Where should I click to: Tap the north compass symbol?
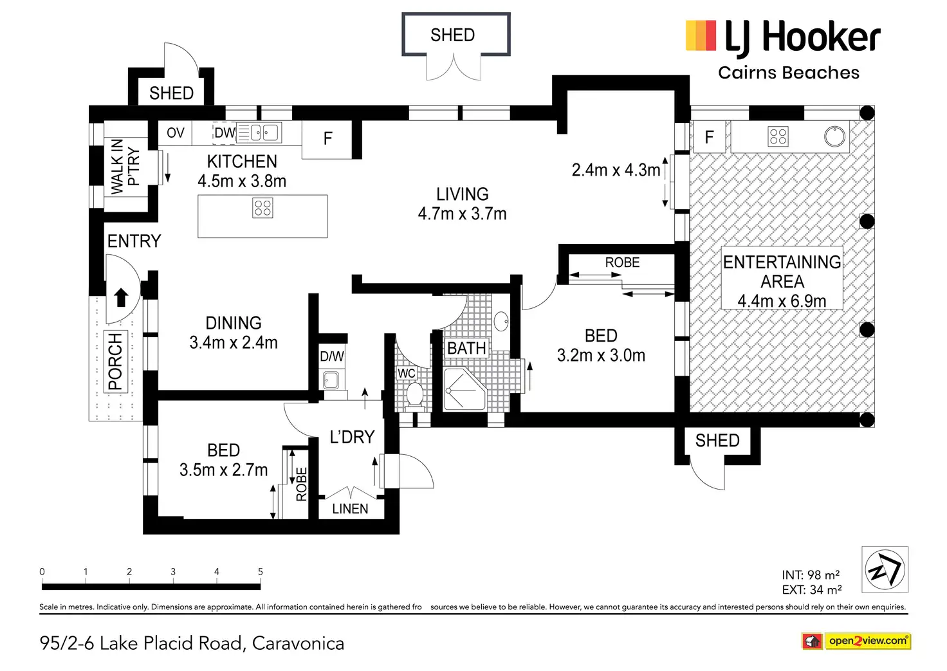(885, 569)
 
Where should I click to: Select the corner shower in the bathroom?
(464, 389)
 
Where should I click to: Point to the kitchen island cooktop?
(262, 208)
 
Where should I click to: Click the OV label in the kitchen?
(176, 133)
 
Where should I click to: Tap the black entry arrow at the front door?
(122, 297)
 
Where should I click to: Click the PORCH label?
(115, 362)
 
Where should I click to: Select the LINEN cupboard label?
(350, 509)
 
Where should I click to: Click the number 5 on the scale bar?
(261, 572)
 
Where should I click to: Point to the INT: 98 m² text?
(811, 574)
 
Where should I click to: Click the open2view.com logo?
(856, 641)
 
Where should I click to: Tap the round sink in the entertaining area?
(834, 136)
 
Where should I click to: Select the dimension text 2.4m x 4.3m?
(616, 170)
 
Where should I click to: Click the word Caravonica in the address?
(298, 643)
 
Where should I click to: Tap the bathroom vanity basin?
(501, 321)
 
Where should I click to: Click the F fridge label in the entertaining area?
(709, 136)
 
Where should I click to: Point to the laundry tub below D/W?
(331, 380)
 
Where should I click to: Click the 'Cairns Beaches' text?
(789, 73)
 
